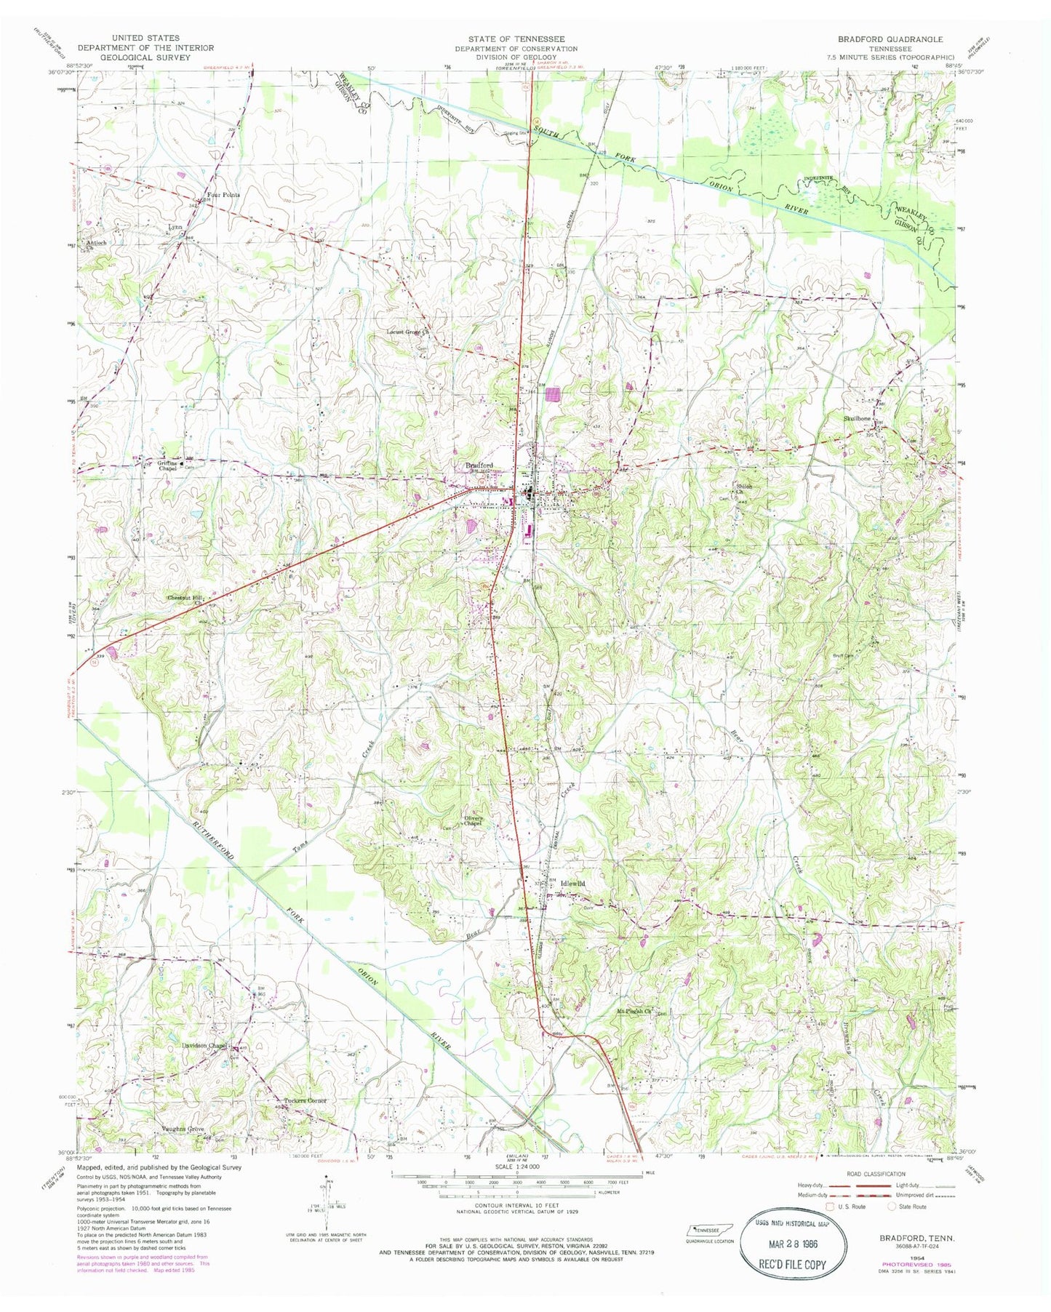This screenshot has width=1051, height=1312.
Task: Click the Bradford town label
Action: click(480, 465)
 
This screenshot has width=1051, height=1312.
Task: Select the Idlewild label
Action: click(572, 884)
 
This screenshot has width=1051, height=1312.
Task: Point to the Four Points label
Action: click(223, 195)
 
